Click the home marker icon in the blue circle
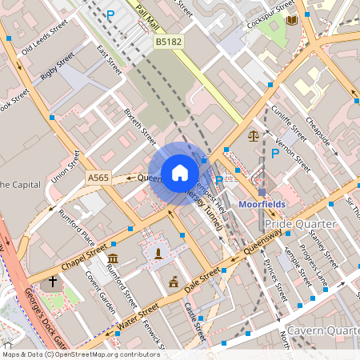pyautogui.click(x=179, y=173)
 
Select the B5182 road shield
pyautogui.click(x=168, y=41)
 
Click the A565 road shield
pyautogui.click(x=98, y=178)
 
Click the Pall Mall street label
pyautogui.click(x=148, y=14)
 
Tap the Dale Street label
pyautogui.click(x=201, y=281)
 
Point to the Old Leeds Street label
pyautogui.click(x=38, y=42)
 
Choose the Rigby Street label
pyautogui.click(x=57, y=65)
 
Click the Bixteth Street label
pyautogui.click(x=141, y=127)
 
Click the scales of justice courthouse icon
pyautogui.click(x=254, y=136)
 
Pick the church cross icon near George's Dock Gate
pyautogui.click(x=53, y=282)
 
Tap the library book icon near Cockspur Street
pyautogui.click(x=291, y=19)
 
